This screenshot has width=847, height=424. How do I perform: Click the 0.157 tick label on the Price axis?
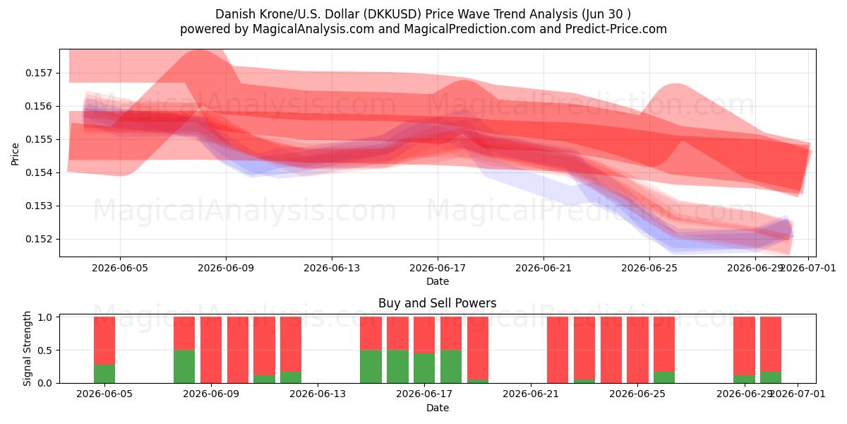[38, 73]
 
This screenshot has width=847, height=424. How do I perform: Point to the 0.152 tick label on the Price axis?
[38, 240]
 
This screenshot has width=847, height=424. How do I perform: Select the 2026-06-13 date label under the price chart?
[332, 268]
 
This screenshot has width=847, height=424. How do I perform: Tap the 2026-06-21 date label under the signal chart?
[531, 394]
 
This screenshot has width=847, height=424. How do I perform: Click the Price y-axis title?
[15, 154]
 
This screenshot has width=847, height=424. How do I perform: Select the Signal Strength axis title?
[27, 348]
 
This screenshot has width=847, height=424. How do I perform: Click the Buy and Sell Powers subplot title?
[437, 303]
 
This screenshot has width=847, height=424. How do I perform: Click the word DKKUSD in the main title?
[392, 14]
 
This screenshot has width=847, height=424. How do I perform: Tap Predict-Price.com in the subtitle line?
[616, 29]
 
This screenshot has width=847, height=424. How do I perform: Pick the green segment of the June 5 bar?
[104, 374]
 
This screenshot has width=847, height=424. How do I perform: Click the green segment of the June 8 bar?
[184, 367]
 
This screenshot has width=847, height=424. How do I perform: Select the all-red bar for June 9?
[211, 350]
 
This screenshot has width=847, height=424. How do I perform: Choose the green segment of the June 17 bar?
[424, 368]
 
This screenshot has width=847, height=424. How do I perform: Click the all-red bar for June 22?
[558, 350]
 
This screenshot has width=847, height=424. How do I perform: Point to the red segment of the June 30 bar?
[771, 344]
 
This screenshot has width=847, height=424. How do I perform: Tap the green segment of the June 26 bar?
[664, 377]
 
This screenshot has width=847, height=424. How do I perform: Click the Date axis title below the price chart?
[438, 281]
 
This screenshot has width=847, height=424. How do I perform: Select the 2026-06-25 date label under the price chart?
[649, 268]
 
